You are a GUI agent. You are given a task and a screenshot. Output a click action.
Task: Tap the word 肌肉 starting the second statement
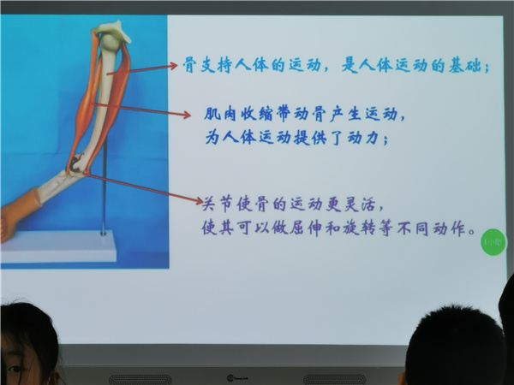coord(220,114)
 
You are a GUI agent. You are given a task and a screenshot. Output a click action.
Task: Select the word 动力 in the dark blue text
coord(363,138)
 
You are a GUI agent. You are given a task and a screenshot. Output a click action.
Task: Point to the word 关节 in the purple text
coord(217,204)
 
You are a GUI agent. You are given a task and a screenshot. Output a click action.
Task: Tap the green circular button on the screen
coord(493,242)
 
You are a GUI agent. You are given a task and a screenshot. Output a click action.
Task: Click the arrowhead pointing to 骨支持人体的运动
coord(173,66)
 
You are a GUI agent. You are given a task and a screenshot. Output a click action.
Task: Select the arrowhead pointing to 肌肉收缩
coord(187,115)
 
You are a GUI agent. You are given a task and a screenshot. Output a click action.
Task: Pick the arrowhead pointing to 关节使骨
coord(199,201)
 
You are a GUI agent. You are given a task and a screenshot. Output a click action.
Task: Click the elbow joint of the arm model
coord(77,165)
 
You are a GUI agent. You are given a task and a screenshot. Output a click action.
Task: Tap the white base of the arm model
coord(58,246)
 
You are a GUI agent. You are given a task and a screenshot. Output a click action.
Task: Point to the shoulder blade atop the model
coord(113,32)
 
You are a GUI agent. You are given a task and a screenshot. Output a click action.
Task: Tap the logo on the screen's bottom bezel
coord(237,378)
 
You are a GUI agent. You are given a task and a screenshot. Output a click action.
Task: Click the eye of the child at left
coord(15,370)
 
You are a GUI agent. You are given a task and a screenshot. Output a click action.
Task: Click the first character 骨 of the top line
coord(189,65)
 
